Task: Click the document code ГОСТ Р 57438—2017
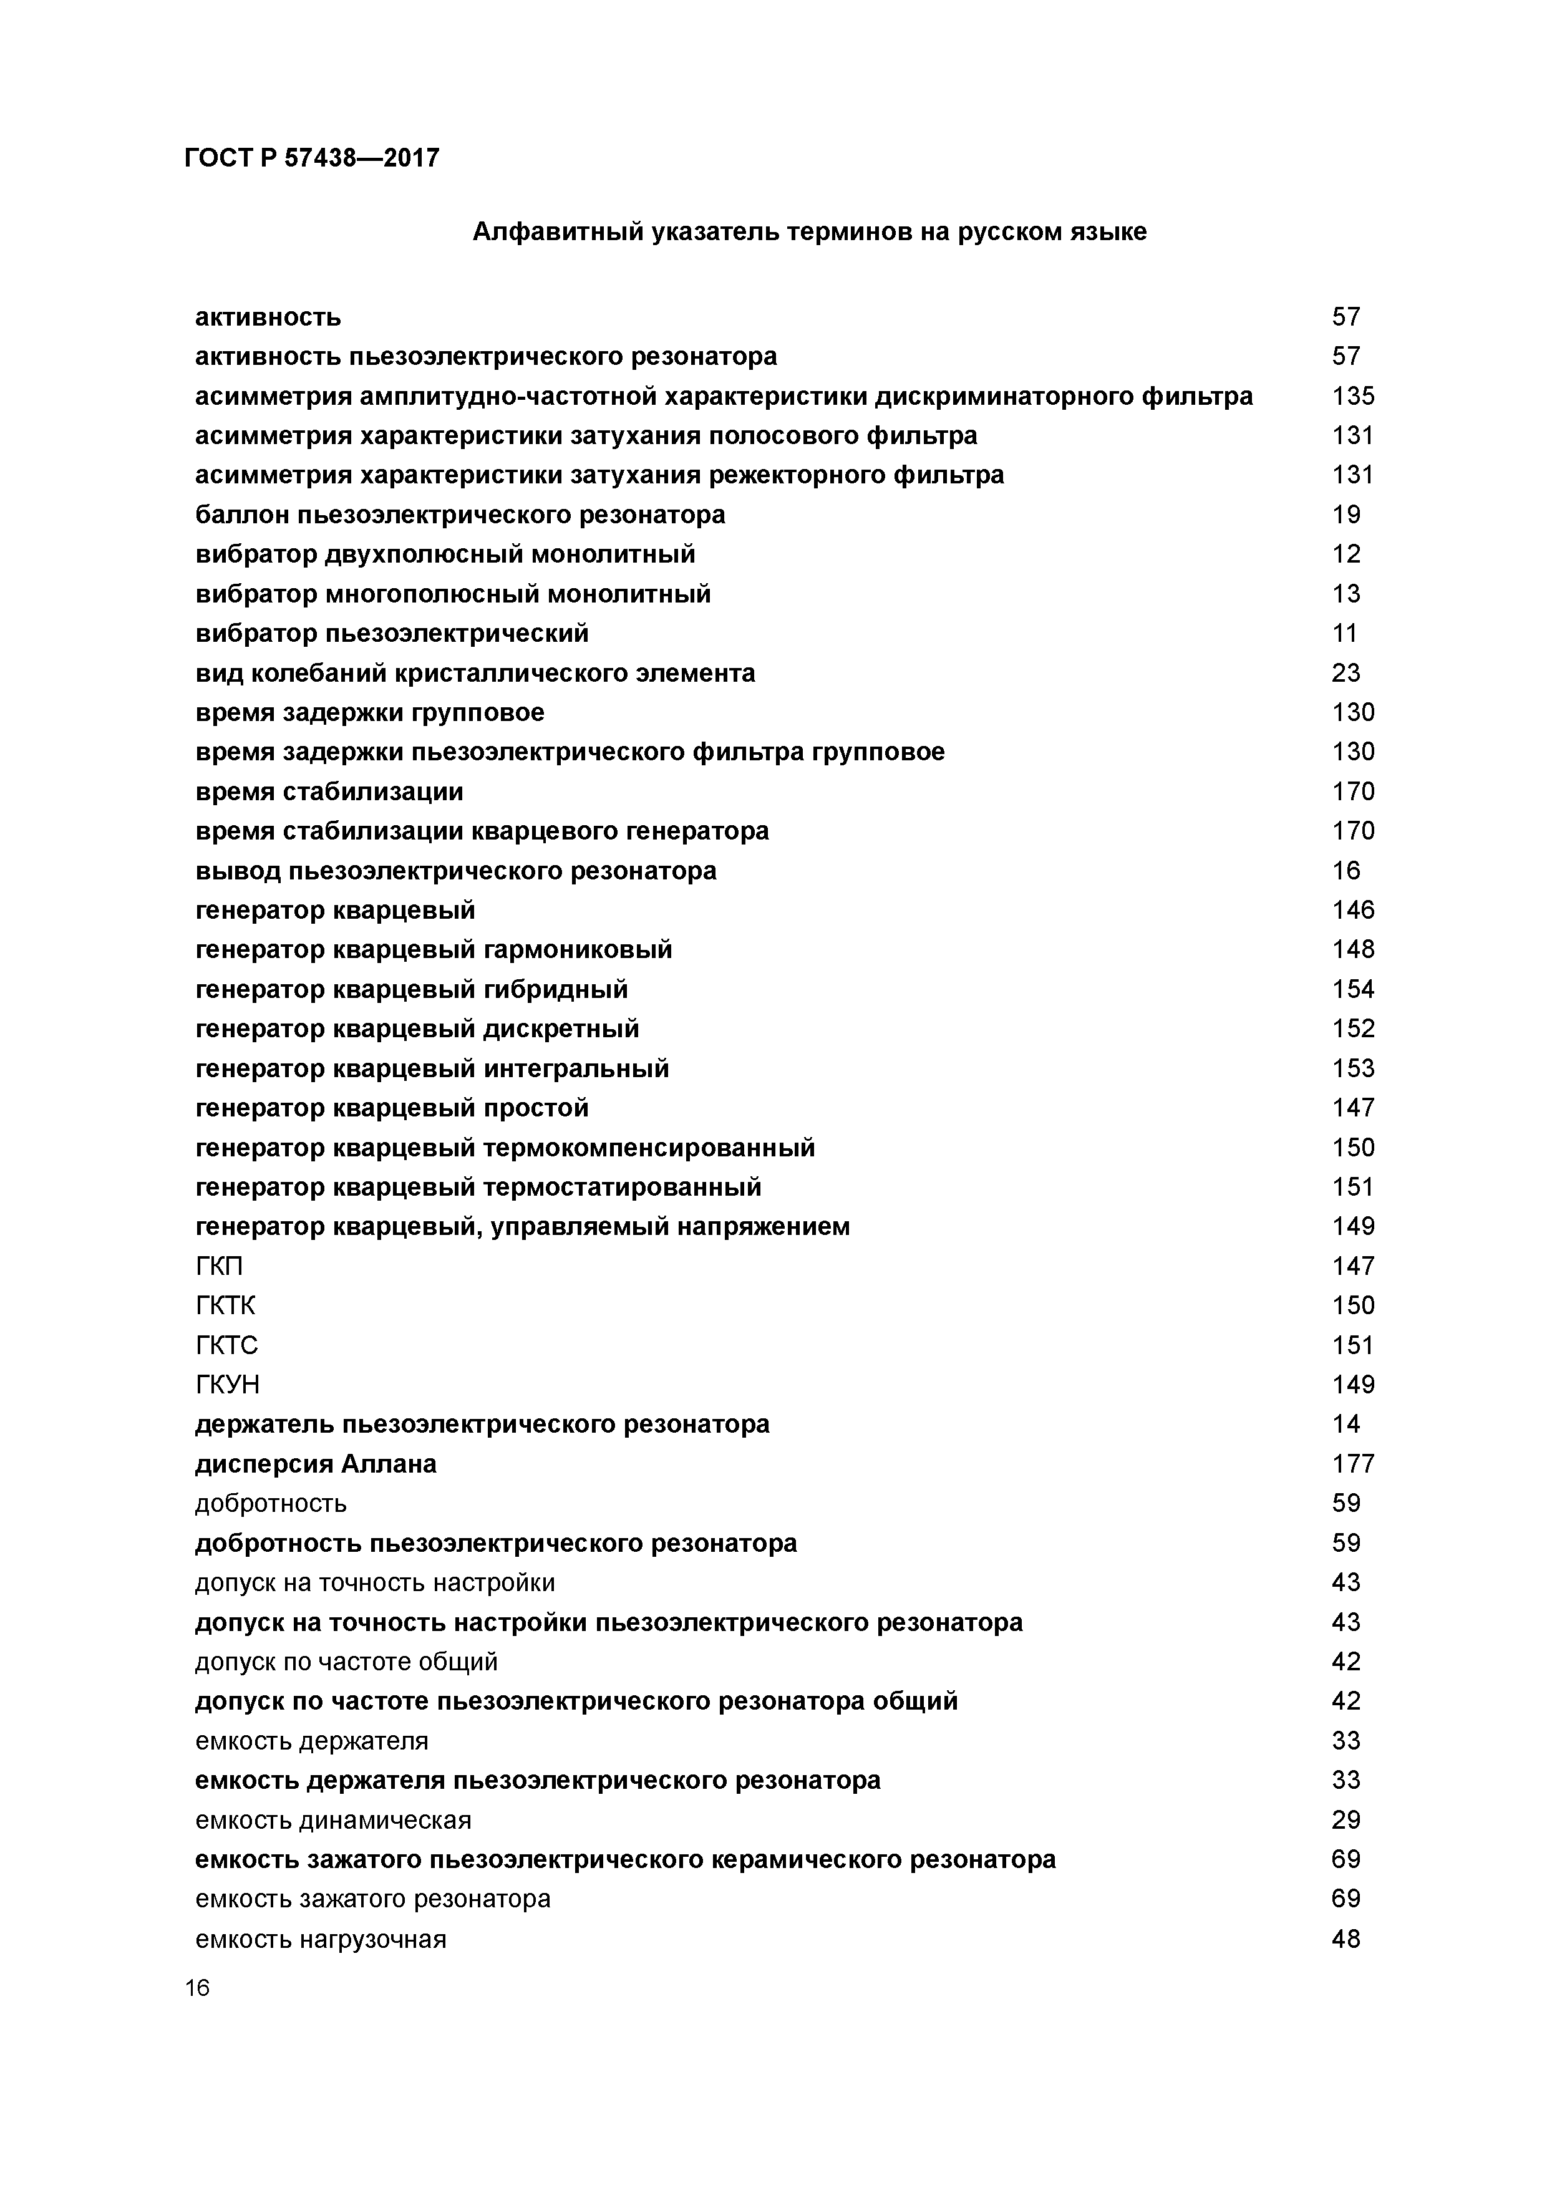(312, 157)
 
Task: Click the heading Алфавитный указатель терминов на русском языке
(809, 231)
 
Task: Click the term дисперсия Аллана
(316, 1464)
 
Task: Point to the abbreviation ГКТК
(225, 1305)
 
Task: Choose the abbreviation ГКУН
(227, 1385)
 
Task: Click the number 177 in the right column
(1352, 1464)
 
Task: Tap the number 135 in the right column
(1352, 397)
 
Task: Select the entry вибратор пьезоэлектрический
(392, 634)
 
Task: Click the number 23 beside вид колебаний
(1346, 674)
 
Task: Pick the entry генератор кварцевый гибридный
(412, 989)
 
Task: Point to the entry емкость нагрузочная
(320, 1939)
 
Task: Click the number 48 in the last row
(1346, 1939)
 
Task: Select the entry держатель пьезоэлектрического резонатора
(482, 1425)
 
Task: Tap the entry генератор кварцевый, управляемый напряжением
(522, 1226)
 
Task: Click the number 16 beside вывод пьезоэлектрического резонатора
(1346, 871)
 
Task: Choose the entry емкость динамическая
(332, 1820)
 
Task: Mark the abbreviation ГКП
(219, 1267)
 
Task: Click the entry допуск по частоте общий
(346, 1662)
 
